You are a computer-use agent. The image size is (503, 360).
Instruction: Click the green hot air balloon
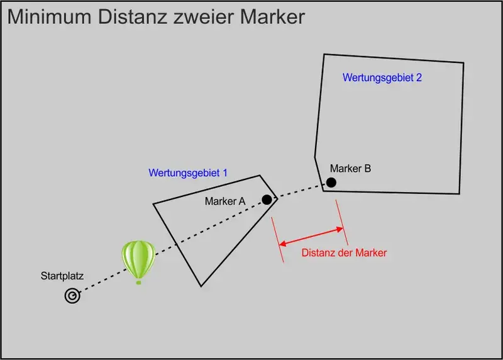pos(138,259)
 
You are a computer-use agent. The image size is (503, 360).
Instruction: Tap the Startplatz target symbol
pos(72,296)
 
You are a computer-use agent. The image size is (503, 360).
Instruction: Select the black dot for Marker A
pos(267,200)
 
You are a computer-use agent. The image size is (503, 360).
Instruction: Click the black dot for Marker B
pos(331,183)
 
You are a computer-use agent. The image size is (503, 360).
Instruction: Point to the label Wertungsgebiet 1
pos(188,172)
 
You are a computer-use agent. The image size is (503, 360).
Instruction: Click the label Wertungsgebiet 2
pos(382,78)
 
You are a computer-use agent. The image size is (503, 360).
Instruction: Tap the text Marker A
pos(225,201)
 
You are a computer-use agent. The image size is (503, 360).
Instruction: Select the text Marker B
pos(350,169)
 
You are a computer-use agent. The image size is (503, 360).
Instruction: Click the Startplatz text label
pos(62,276)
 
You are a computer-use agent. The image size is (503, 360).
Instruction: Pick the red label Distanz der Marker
pos(344,253)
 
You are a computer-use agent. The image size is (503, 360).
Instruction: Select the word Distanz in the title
pos(126,17)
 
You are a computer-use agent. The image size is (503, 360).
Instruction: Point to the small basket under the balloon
pos(138,282)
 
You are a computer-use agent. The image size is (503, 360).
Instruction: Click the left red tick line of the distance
pos(277,240)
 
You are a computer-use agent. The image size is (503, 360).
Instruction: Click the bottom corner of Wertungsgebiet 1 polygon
pos(201,286)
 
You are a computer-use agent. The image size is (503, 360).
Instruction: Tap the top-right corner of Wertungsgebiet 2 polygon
pos(463,64)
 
